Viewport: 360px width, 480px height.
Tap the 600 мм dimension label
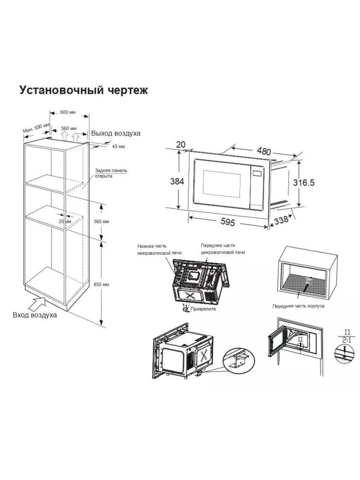69,112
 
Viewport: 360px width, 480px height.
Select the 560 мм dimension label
69,128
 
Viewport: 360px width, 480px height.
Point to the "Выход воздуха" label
116,133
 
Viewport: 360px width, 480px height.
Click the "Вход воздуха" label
35,315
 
